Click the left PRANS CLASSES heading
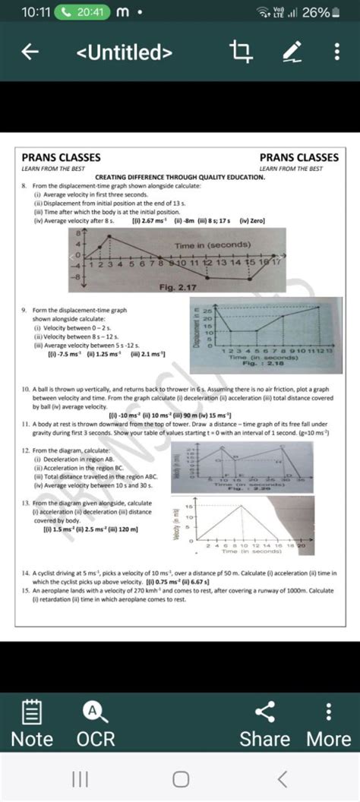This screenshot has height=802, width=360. coord(61,157)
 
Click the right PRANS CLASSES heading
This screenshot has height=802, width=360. coord(299,157)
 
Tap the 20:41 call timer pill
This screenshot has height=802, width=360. coord(81,12)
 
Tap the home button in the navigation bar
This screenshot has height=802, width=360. coord(180,778)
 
